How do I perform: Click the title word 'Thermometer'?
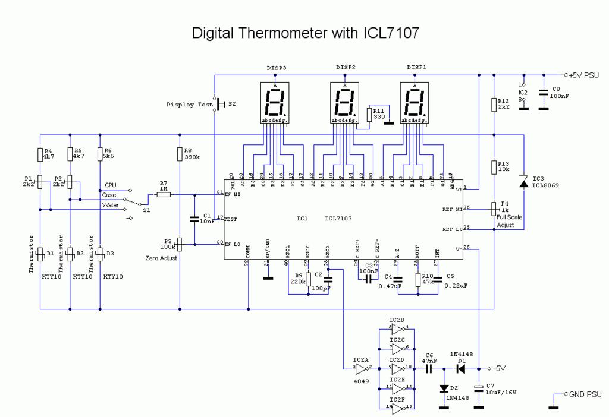tap(277, 33)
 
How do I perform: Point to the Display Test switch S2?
tap(218, 105)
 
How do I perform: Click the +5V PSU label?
tap(585, 75)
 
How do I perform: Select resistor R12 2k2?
tap(494, 105)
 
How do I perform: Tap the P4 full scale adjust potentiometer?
tap(494, 209)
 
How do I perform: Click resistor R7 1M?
tap(163, 194)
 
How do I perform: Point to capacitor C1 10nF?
tap(194, 219)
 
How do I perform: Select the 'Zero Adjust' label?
tap(161, 258)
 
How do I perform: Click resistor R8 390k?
tap(180, 154)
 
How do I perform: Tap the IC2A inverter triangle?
tap(363, 368)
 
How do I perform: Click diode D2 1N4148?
tap(444, 388)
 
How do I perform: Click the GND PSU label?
tap(585, 394)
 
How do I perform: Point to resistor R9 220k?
tap(308, 277)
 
